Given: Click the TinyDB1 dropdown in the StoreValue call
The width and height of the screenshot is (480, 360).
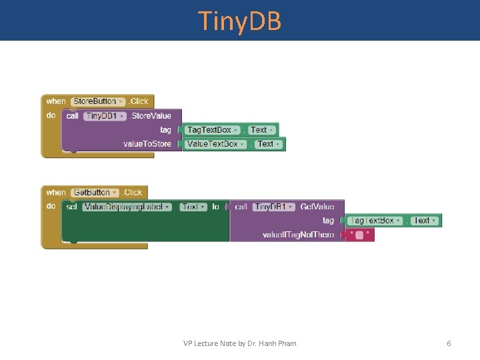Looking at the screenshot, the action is [x=105, y=116].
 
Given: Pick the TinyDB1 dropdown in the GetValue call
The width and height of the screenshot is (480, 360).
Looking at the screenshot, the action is [x=273, y=207].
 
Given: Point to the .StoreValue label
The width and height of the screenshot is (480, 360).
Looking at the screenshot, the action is [x=150, y=116].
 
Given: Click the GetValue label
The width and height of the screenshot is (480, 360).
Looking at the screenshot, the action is [x=317, y=207].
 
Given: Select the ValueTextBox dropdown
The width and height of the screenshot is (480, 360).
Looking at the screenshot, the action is [x=215, y=144].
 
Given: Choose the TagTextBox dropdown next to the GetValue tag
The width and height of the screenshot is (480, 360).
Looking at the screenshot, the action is [x=375, y=221].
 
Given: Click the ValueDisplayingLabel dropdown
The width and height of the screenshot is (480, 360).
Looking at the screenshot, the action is [x=127, y=207].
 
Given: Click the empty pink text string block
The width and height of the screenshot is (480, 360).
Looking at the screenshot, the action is [x=359, y=235].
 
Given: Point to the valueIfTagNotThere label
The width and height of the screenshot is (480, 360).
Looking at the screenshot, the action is [x=298, y=235].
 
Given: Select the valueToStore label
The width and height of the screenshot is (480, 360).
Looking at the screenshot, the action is [x=147, y=144].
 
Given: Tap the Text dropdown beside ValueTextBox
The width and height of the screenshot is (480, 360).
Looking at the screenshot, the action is [x=268, y=144].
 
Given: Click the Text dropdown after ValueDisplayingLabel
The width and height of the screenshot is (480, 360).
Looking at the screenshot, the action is [x=193, y=207].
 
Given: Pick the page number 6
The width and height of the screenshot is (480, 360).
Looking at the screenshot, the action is [x=449, y=343].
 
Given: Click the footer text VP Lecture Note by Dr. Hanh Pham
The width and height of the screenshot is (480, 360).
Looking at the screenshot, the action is [x=240, y=343].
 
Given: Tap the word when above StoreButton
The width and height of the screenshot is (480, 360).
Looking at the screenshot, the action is [x=56, y=101].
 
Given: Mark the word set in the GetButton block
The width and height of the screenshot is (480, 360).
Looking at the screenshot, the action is [x=71, y=207].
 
